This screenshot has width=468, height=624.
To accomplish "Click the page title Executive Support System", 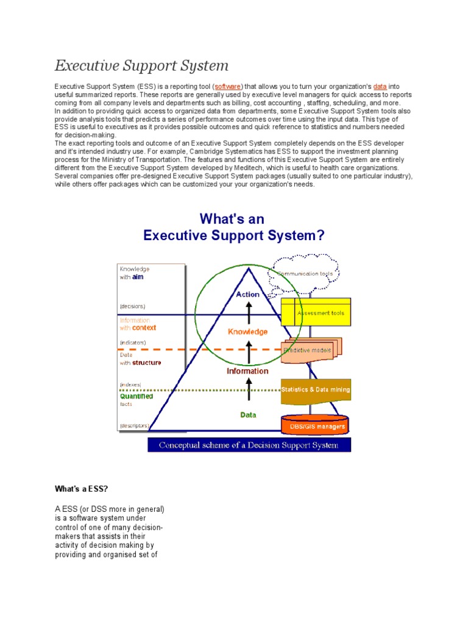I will [x=141, y=65].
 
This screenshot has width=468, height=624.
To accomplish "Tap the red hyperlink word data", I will [x=380, y=87].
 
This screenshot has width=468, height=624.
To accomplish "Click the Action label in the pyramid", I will [x=248, y=294].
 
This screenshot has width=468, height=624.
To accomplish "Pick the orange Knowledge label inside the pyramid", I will [x=248, y=332].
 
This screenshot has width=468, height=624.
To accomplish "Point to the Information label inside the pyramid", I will [x=248, y=370].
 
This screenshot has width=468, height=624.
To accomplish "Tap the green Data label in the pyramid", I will [x=248, y=415].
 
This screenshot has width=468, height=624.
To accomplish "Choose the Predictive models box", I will [x=311, y=350].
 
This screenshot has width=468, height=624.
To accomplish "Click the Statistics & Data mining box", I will [x=315, y=389].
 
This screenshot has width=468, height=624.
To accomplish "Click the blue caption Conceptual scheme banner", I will [x=249, y=445].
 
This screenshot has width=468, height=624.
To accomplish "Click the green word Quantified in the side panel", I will [x=136, y=396].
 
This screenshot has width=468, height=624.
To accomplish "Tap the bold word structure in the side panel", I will [x=147, y=363].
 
